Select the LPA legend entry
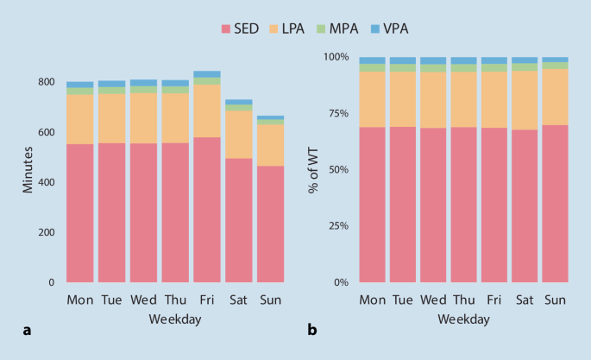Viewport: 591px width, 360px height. pyautogui.click(x=307, y=28)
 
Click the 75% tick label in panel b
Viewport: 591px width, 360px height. pyautogui.click(x=336, y=114)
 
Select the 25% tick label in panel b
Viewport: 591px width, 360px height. pyautogui.click(x=336, y=226)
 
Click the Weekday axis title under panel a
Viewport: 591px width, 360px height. pyautogui.click(x=175, y=319)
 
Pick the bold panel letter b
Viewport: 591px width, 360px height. pyautogui.click(x=312, y=329)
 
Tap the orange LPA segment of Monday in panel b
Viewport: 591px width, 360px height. pyautogui.click(x=373, y=99)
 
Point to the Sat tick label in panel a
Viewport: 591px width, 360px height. pyautogui.click(x=238, y=300)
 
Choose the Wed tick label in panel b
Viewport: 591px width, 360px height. pyautogui.click(x=433, y=300)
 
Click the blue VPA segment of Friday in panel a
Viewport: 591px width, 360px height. pyautogui.click(x=206, y=74)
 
